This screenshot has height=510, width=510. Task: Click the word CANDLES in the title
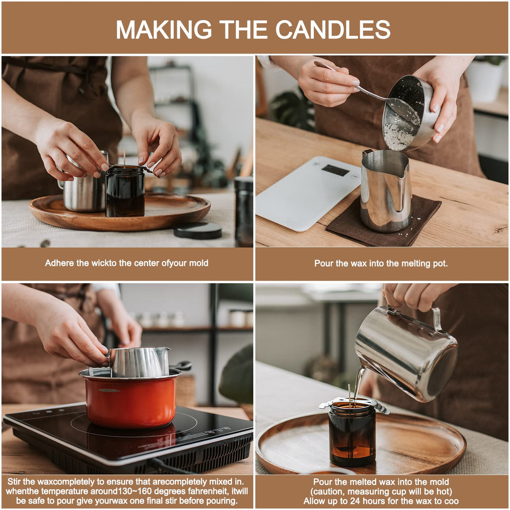tap(333, 29)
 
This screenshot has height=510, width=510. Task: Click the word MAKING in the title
tap(164, 29)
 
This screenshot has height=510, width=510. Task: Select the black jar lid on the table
tap(197, 231)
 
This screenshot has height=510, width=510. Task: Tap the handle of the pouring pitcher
tap(437, 319)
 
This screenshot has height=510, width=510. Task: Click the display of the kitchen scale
tap(335, 170)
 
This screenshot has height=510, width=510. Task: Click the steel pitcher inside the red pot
tap(139, 362)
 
